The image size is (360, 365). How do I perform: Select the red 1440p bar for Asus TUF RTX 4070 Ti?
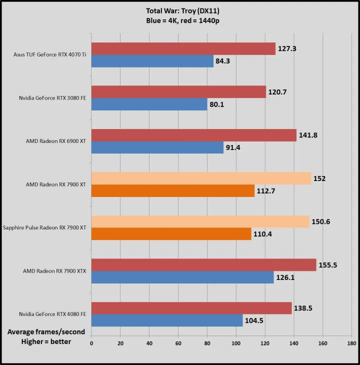183,48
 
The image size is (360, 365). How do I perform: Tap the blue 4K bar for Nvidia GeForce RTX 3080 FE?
149,104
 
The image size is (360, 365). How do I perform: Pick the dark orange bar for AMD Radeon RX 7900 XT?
172,191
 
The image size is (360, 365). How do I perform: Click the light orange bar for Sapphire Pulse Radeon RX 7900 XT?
200,221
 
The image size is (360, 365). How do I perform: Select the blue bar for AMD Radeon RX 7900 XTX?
182,277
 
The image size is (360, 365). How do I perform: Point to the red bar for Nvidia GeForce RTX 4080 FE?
191,308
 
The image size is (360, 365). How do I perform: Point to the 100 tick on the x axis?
236,343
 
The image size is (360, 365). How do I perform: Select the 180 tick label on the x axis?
351,343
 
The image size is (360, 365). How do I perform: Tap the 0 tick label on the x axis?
91,343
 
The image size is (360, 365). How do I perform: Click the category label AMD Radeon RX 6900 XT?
56,141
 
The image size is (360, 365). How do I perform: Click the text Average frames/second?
46,332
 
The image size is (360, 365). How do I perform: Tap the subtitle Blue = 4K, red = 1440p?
179,20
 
